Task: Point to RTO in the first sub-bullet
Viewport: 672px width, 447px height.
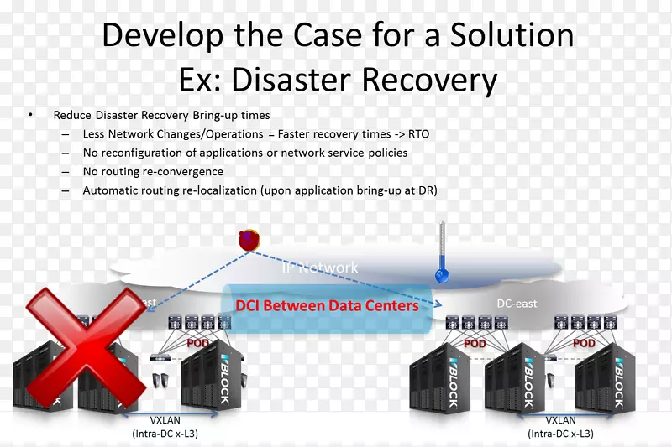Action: click(417, 133)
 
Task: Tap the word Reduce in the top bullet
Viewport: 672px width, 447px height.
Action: click(73, 115)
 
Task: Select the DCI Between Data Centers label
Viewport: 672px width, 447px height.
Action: click(327, 306)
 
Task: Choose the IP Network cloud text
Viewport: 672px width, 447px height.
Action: click(319, 268)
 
